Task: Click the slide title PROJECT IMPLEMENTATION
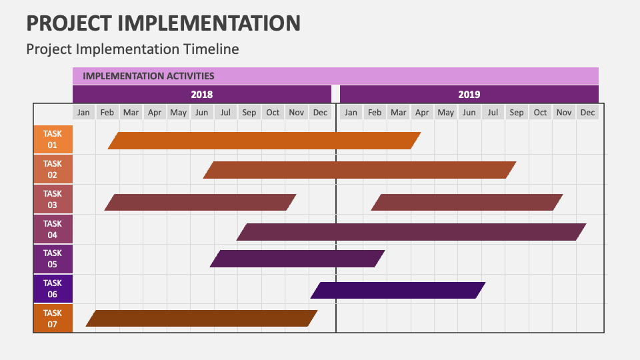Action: pos(163,23)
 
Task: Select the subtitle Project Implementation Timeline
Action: pos(132,49)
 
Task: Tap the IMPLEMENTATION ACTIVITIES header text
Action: pos(148,76)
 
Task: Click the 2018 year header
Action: pos(202,94)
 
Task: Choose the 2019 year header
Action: pos(469,94)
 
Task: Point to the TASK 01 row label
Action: pos(53,139)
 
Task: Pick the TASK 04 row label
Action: pos(53,229)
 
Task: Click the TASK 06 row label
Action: pos(53,289)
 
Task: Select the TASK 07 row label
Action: pos(53,319)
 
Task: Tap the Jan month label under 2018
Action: pos(83,113)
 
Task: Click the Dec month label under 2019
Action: pos(587,113)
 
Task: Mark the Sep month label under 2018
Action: pos(249,113)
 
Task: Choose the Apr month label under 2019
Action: pos(422,113)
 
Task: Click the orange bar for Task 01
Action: pos(264,141)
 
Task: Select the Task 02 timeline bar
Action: pos(360,170)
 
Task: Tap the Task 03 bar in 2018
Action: pos(200,202)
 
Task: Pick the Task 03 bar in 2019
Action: pos(467,202)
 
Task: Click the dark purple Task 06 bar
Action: pos(398,290)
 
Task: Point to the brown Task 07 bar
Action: pos(201,318)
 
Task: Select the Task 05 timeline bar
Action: pos(297,259)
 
